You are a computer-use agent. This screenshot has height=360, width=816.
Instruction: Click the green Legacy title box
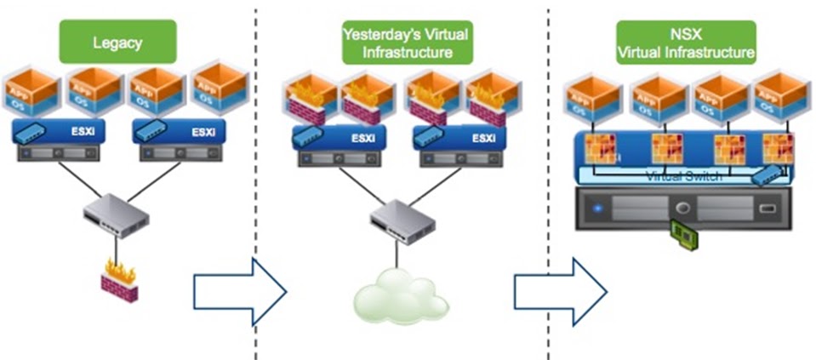(117, 42)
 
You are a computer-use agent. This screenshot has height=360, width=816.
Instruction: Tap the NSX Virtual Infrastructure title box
(685, 42)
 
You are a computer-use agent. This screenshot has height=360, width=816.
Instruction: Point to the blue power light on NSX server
(599, 208)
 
